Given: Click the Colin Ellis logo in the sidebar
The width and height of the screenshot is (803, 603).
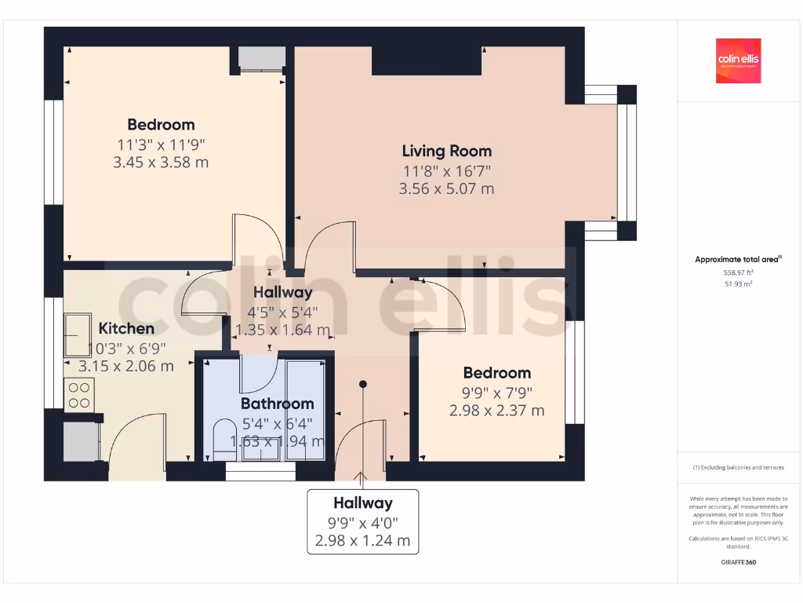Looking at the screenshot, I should click(x=739, y=60).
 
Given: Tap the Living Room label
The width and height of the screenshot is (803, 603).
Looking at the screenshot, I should click(x=447, y=151).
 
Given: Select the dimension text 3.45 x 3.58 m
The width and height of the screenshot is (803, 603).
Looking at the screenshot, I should click(x=161, y=163).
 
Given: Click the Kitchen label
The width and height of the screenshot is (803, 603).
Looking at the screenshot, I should click(x=125, y=328).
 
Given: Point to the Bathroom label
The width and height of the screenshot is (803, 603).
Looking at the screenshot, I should click(x=277, y=404).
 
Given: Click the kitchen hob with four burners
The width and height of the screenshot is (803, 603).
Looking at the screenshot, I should click(x=79, y=393).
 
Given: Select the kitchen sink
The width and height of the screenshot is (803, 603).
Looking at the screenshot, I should click(x=78, y=335).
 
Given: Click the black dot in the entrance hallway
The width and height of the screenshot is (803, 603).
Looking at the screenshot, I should click(x=363, y=384).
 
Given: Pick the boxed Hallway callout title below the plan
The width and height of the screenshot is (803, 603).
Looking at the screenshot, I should click(x=362, y=502).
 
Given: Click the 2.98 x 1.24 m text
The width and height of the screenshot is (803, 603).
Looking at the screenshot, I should click(x=362, y=540).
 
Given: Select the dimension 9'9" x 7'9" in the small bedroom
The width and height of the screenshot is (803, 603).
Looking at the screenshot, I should click(x=496, y=392).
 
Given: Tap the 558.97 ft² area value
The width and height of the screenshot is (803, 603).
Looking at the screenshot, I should click(x=738, y=272).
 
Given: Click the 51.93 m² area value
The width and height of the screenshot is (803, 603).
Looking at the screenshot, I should click(x=738, y=283).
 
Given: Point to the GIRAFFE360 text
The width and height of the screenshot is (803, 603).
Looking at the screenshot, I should click(x=738, y=562).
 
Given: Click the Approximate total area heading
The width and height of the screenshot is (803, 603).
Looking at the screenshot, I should click(x=738, y=259).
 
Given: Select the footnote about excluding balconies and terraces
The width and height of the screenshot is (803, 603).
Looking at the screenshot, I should click(x=738, y=467).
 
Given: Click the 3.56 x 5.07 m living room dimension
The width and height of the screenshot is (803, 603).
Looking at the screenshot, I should click(x=447, y=188).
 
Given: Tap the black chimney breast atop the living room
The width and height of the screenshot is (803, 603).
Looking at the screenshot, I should click(x=426, y=60).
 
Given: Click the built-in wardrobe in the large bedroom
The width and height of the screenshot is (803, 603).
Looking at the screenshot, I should click(x=252, y=59).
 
